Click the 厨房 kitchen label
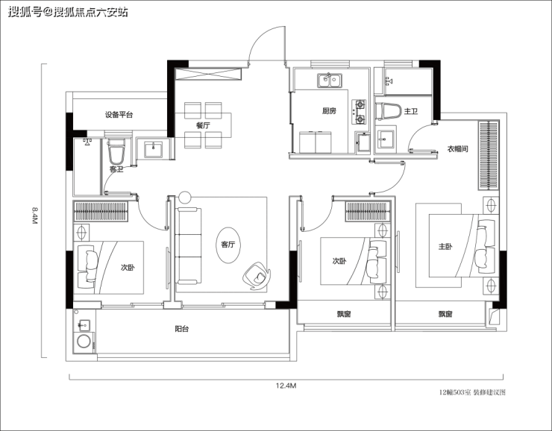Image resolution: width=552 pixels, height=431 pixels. click(329, 111)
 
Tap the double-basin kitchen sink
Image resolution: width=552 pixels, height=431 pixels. click(330, 81)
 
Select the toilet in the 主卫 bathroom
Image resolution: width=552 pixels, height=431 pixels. click(389, 111)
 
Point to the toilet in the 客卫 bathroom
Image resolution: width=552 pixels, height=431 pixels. click(116, 151)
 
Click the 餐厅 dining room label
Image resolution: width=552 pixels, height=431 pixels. click(203, 125)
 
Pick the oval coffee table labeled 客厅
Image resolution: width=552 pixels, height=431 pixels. click(228, 245)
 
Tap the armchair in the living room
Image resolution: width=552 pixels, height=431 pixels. click(256, 275)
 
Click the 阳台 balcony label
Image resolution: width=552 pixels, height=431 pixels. click(182, 329)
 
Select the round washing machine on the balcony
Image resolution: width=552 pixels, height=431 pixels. click(84, 342)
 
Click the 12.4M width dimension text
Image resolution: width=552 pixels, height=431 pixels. click(286, 386)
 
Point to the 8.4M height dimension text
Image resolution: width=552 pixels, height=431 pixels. click(34, 215)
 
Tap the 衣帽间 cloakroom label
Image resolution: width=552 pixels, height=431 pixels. click(458, 149)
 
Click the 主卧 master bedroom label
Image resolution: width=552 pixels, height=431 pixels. click(445, 247)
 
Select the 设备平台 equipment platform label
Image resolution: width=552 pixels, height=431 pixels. click(119, 115)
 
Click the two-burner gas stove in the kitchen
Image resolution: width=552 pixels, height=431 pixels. click(359, 113)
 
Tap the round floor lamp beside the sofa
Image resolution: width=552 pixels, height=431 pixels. click(184, 197)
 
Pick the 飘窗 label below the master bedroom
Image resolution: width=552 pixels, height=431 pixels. click(445, 314)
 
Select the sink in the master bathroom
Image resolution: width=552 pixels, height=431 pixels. click(386, 139)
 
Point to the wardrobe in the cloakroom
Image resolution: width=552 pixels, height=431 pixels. click(489, 155)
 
